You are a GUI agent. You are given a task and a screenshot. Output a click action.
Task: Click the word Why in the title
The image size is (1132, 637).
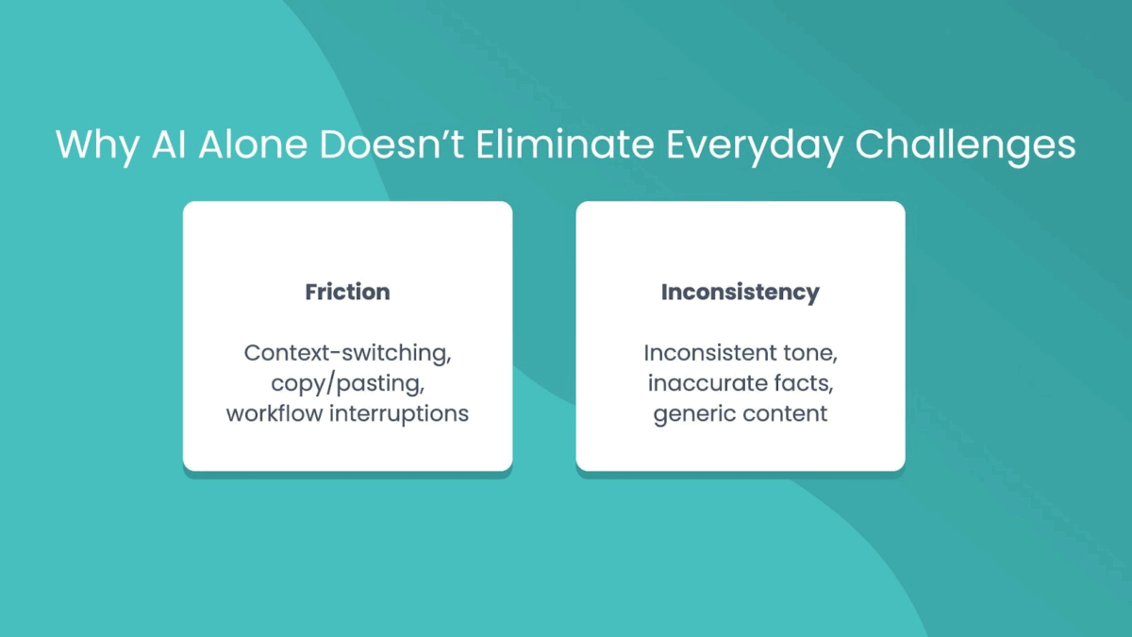[97, 145]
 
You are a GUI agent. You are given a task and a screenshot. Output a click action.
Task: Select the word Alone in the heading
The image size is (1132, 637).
[253, 144]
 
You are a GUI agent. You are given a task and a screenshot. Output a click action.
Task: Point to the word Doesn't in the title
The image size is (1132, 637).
[391, 144]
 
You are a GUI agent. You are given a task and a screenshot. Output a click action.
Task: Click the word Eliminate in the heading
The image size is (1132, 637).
[564, 144]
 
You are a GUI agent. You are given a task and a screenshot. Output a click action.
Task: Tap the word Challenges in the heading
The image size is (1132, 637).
[965, 145]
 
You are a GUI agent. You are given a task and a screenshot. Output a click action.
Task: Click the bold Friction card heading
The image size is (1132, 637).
[348, 292]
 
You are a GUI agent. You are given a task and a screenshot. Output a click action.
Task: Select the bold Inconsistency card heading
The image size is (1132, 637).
[741, 293]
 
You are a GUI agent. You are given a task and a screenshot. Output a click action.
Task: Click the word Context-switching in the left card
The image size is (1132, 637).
[348, 353]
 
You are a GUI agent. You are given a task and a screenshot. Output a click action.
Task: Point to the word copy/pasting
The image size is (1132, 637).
[348, 384]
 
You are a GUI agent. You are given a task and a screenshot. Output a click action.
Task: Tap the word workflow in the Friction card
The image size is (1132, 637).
[275, 413]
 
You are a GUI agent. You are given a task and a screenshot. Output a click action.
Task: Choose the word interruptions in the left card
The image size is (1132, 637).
[399, 414]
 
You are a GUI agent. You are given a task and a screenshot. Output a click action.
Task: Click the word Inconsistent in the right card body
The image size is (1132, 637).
[708, 353]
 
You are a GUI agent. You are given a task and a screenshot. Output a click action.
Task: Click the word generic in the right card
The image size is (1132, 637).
[692, 415]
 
